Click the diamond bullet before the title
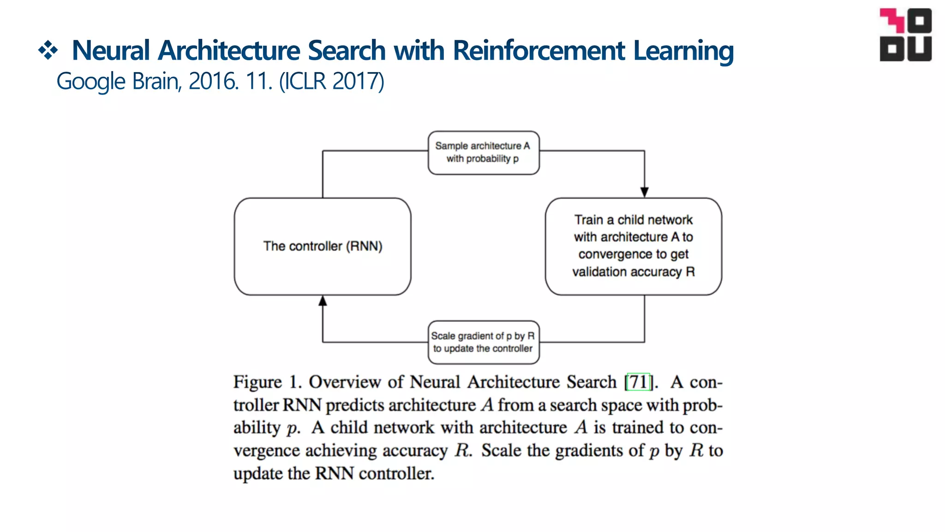pyautogui.click(x=48, y=50)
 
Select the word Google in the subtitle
pyautogui.click(x=91, y=81)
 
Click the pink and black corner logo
pyautogui.click(x=905, y=35)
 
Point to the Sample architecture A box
pyautogui.click(x=483, y=152)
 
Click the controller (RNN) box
pyautogui.click(x=323, y=246)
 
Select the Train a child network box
pyautogui.click(x=633, y=246)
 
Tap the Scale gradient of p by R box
pyautogui.click(x=483, y=342)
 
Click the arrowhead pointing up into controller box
pyautogui.click(x=323, y=301)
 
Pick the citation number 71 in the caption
pyautogui.click(x=639, y=382)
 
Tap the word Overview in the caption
pyautogui.click(x=345, y=382)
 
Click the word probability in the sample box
pyautogui.click(x=488, y=159)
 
